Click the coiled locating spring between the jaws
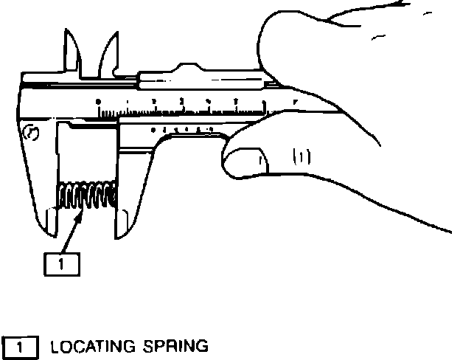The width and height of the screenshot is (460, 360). [x=87, y=197]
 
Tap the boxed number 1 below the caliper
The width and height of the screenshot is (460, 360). [x=63, y=263]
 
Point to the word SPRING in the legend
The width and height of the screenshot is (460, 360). [x=173, y=345]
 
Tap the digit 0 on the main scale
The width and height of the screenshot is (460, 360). [x=99, y=101]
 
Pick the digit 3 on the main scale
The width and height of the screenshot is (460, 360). [x=181, y=100]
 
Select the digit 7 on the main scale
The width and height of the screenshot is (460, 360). [x=294, y=100]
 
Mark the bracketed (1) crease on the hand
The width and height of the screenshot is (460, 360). [x=302, y=155]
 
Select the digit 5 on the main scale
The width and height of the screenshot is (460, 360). [x=237, y=100]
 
